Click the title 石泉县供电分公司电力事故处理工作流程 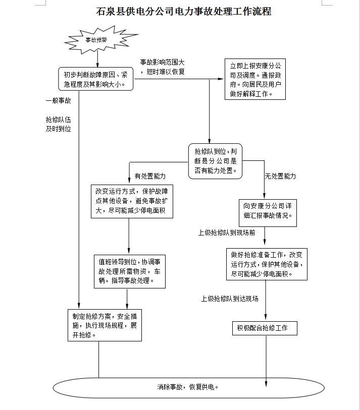click(184, 12)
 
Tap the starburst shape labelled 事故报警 click(101, 40)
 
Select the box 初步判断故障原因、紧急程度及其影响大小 click(95, 79)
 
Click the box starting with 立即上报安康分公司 click(255, 79)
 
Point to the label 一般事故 click(59, 101)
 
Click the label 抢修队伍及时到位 click(59, 124)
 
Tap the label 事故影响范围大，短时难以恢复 click(162, 67)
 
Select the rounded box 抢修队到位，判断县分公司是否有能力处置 click(215, 161)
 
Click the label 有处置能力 click(150, 176)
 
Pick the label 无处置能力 click(280, 176)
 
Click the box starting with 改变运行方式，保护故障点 click(132, 201)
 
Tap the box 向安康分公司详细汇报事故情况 click(268, 213)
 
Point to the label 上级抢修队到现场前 click(227, 232)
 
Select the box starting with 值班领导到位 click(130, 271)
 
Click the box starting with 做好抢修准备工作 click(267, 264)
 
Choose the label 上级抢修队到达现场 click(230, 299)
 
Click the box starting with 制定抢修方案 click(105, 325)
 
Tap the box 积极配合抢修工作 click(265, 328)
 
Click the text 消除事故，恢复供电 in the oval click(188, 387)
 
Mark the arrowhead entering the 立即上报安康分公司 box click(221, 79)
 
